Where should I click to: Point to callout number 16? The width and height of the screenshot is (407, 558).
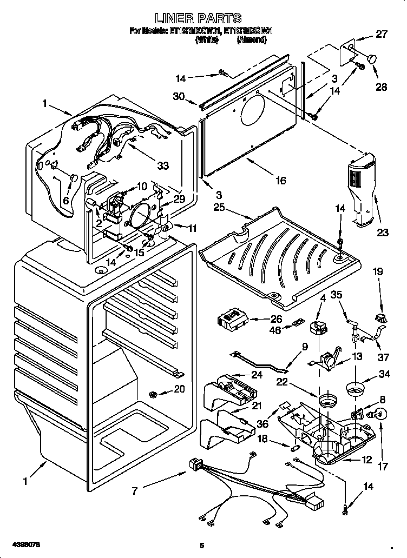[x=280, y=181]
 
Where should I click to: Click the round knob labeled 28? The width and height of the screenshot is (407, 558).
[x=372, y=58]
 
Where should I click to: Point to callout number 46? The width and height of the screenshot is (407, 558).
[x=275, y=330]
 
